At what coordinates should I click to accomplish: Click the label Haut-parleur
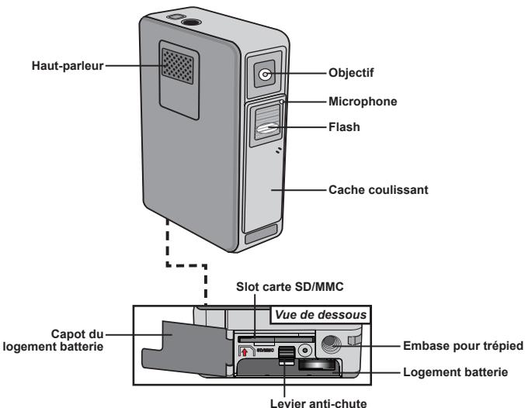pyautogui.click(x=68, y=66)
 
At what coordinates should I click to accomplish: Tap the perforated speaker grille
pyautogui.click(x=177, y=66)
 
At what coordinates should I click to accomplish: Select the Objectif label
pyautogui.click(x=351, y=73)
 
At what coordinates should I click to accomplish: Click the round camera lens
pyautogui.click(x=265, y=74)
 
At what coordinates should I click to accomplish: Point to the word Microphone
pyautogui.click(x=363, y=102)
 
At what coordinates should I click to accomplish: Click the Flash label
pyautogui.click(x=344, y=127)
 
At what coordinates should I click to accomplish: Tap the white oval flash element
pyautogui.click(x=267, y=128)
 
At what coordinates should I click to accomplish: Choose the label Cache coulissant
pyautogui.click(x=378, y=189)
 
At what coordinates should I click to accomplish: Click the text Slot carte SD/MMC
pyautogui.click(x=290, y=286)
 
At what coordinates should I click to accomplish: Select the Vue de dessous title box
pyautogui.click(x=321, y=315)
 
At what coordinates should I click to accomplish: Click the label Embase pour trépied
pyautogui.click(x=463, y=346)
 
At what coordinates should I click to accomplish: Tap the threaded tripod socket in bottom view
pyautogui.click(x=331, y=344)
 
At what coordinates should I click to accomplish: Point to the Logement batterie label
pyautogui.click(x=455, y=372)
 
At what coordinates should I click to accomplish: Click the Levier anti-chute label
pyautogui.click(x=318, y=403)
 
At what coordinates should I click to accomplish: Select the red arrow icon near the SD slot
pyautogui.click(x=245, y=352)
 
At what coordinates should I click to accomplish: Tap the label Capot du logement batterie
pyautogui.click(x=54, y=340)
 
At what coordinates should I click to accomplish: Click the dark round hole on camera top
pyautogui.click(x=191, y=22)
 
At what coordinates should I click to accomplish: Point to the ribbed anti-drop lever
pyautogui.click(x=287, y=355)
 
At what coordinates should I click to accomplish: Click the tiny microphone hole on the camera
pyautogui.click(x=282, y=101)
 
